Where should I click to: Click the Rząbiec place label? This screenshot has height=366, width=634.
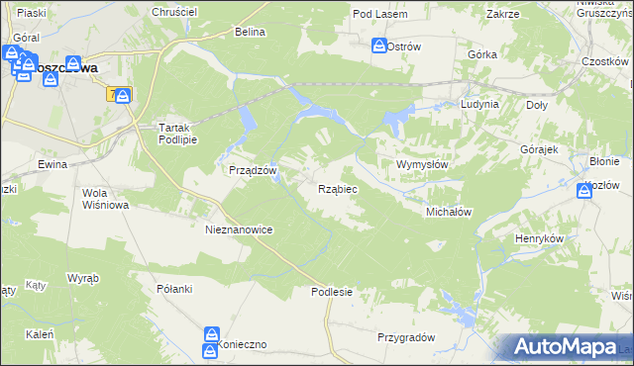point(338,188)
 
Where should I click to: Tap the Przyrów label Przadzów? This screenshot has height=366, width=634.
point(252,170)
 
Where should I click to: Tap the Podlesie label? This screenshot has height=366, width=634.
point(331,292)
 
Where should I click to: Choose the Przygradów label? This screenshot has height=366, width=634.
point(406,337)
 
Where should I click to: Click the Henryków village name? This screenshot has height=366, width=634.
point(539,239)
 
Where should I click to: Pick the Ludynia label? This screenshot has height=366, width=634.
point(479,104)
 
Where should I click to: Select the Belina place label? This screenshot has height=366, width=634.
point(251,32)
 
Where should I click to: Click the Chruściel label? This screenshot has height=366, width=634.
point(174,11)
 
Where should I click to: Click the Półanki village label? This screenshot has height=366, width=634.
point(173,289)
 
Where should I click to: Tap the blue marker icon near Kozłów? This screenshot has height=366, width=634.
point(584,191)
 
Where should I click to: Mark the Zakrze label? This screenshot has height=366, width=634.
point(503,15)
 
